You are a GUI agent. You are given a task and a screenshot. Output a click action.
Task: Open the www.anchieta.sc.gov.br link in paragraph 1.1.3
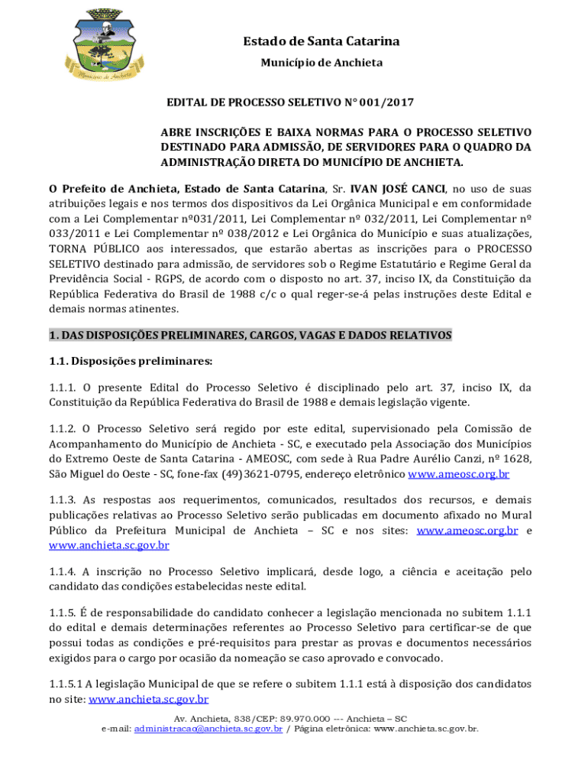108,546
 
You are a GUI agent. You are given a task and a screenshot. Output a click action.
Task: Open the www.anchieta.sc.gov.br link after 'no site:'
149,699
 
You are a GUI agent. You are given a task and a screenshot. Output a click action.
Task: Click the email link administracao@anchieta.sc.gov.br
208,729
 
